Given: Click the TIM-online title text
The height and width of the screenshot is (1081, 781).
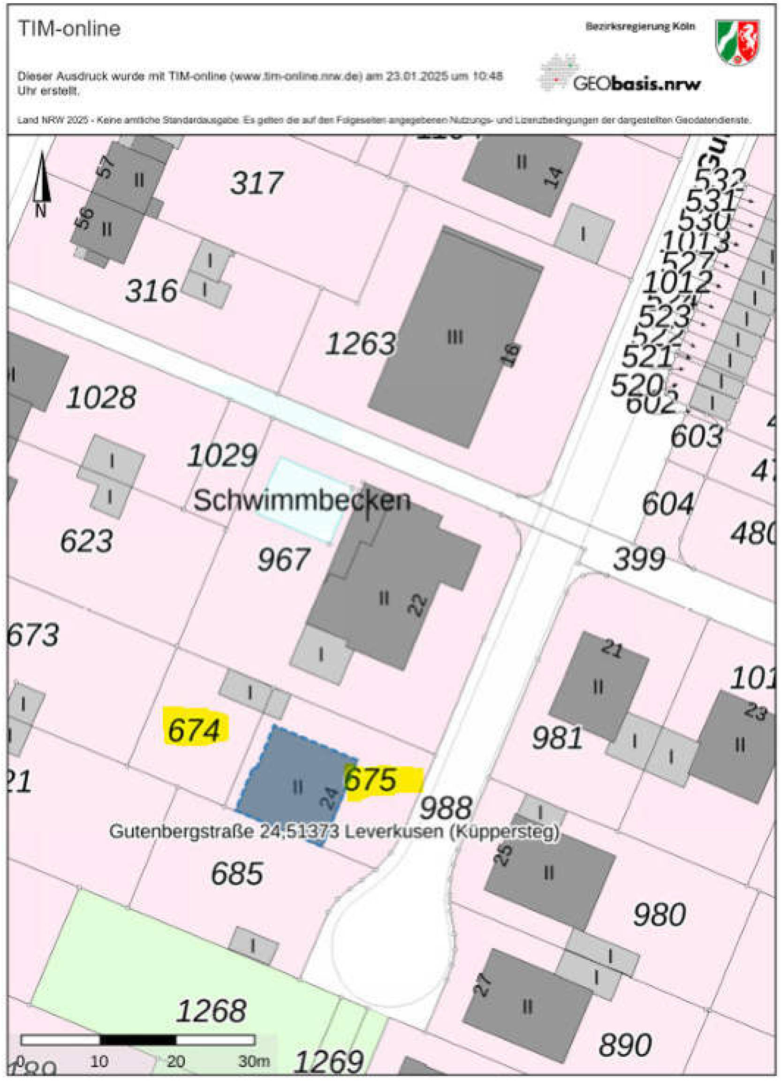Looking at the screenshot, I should pos(69,29).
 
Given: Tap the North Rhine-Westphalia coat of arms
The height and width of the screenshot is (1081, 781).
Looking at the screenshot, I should pos(737,42).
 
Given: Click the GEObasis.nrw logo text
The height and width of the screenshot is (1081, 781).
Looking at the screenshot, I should pos(637,84).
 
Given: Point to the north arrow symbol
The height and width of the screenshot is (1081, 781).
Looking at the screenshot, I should pos(42,181).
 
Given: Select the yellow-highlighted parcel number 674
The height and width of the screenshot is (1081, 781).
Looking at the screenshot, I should pos(195,730).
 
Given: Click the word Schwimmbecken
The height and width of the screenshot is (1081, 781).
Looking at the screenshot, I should pos(301,501).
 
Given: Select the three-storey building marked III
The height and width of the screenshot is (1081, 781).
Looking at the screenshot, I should pos(455,338).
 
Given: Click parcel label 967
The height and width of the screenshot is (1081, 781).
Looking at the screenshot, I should pos(284,559).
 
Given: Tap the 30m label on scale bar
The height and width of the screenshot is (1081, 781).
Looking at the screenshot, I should pos(254,1061).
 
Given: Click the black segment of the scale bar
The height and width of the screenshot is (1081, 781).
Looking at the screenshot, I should pos(138,1040).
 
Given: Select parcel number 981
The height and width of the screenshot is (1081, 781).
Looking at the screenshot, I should pos(557,738).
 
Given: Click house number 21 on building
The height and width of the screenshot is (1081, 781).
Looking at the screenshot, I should pos(612,649).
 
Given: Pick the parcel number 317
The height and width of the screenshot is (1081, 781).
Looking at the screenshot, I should pos(257,183).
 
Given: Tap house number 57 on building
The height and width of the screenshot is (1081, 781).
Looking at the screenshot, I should pos(108,167).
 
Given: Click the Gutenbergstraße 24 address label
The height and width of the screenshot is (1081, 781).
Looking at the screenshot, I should pos(334,832).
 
